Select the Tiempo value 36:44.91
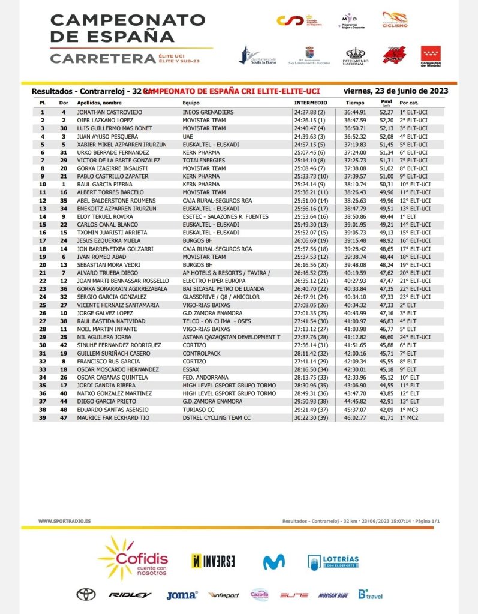355,112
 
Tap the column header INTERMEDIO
310,103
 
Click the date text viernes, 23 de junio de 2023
396,91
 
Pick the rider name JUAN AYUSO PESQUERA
98,136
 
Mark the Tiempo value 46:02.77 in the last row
355,417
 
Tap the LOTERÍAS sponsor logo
333,562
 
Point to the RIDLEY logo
130,595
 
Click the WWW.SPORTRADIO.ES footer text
65,521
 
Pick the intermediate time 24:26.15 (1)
309,120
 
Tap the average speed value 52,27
387,112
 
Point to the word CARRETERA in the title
103,59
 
